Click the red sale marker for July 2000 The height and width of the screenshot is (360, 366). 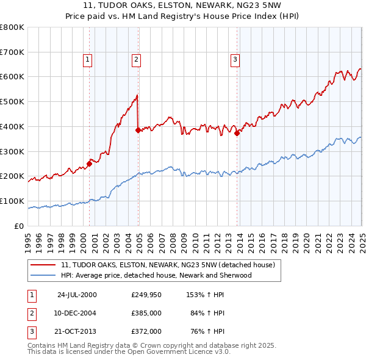point(89,164)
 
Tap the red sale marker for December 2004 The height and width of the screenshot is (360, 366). point(138,129)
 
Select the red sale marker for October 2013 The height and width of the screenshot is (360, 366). point(237,133)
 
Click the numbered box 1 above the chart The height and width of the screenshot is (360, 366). point(88,60)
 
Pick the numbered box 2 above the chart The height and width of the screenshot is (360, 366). point(135,60)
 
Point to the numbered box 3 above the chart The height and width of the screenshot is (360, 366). point(235,60)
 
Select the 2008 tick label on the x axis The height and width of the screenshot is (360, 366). point(173,237)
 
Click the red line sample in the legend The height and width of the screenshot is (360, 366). point(44,265)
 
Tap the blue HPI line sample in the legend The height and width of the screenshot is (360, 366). point(44,275)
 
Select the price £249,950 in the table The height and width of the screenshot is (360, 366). point(146,294)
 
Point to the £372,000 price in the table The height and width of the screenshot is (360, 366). point(146,332)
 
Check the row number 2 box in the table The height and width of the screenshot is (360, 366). point(30,313)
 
